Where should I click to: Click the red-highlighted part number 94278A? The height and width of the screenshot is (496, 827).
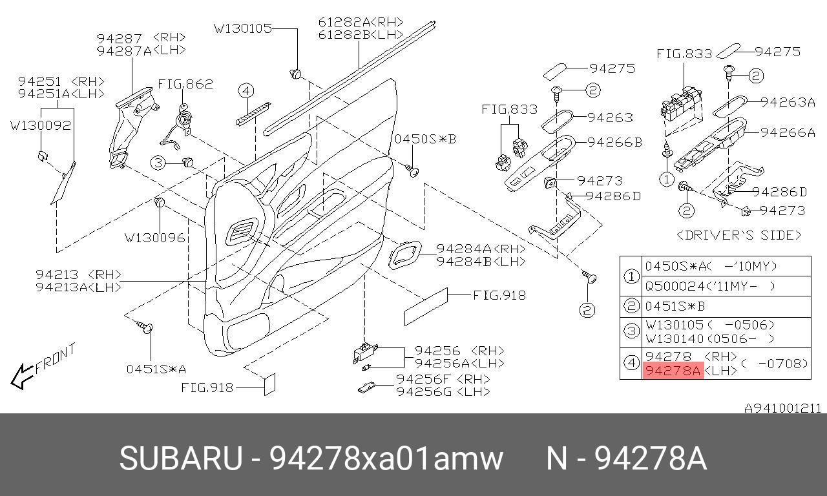[x=673, y=371]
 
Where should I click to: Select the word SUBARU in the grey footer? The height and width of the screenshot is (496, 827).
[x=180, y=459]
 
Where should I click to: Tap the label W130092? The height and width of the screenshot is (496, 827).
[x=40, y=125]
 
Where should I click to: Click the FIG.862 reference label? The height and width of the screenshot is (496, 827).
[x=185, y=85]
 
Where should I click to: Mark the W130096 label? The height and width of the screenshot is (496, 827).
[x=154, y=238]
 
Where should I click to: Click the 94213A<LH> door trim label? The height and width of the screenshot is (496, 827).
[x=78, y=287]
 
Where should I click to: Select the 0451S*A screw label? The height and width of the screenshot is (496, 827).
[x=156, y=369]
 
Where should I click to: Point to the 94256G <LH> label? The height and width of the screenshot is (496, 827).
[x=443, y=391]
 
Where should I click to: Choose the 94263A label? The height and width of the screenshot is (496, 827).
[x=788, y=101]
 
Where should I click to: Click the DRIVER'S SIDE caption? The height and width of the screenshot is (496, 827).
[x=738, y=235]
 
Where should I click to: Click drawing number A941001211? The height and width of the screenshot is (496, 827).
[x=782, y=408]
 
